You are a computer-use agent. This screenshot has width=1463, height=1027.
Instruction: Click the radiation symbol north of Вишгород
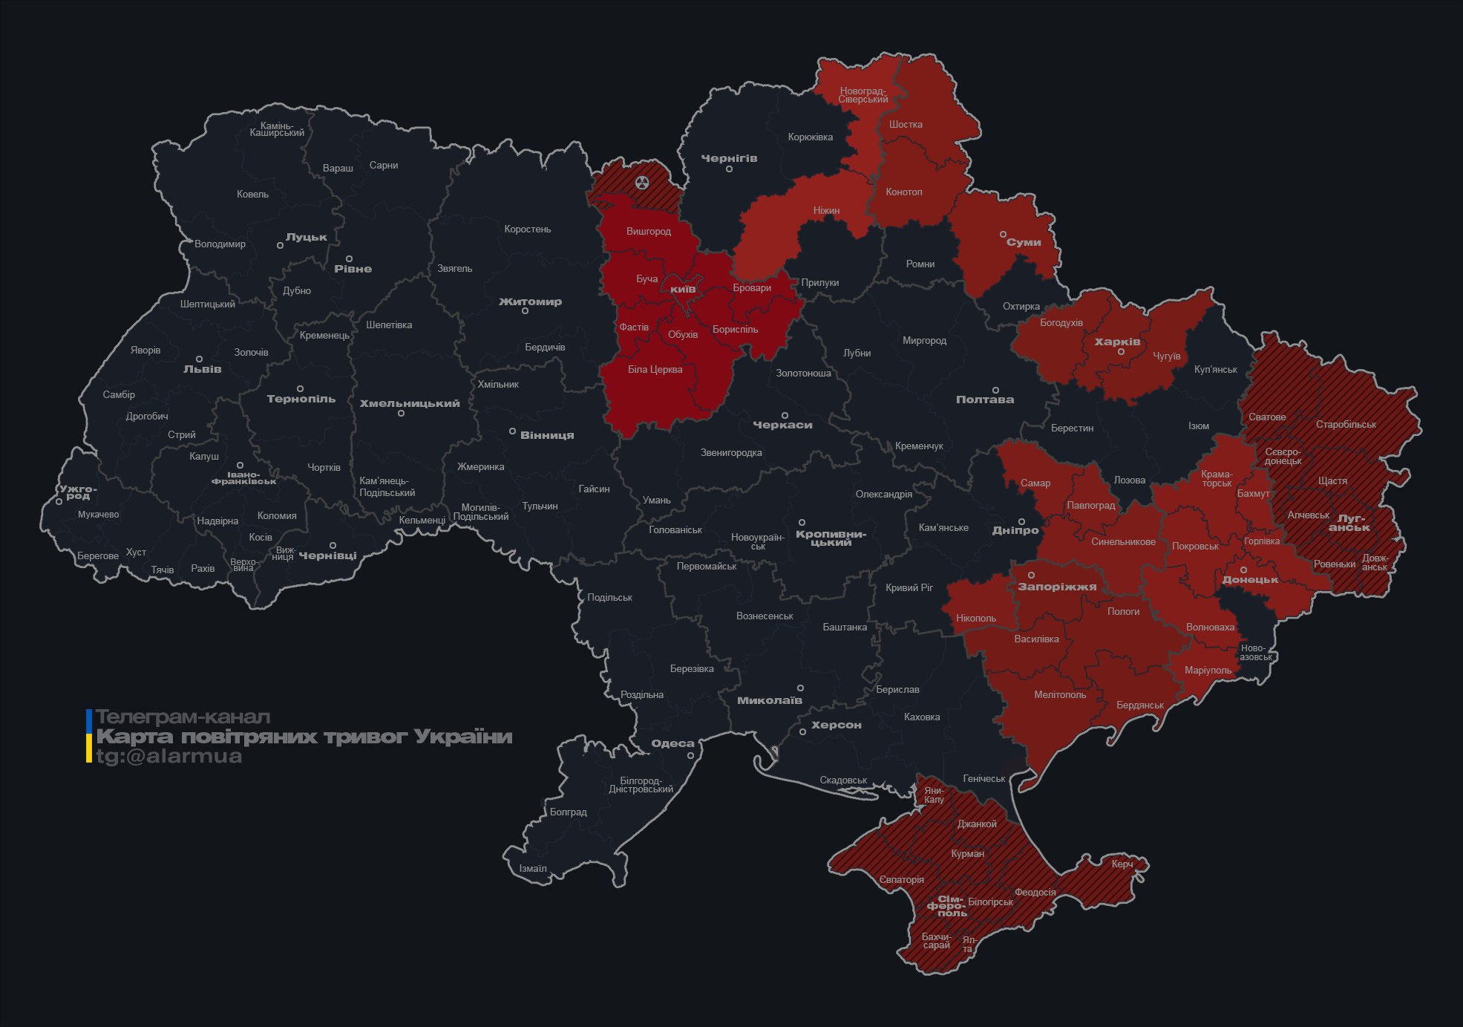(642, 182)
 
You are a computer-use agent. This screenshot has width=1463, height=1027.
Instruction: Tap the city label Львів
(202, 369)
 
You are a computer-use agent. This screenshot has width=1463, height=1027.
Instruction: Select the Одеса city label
(672, 743)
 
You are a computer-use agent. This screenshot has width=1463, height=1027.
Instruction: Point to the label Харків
(1117, 342)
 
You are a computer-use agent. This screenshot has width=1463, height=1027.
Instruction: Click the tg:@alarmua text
(169, 757)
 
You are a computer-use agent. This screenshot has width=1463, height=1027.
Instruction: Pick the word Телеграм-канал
(183, 717)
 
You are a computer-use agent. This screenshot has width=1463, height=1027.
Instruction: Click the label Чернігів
(729, 158)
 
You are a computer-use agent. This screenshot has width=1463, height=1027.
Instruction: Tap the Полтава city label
(984, 400)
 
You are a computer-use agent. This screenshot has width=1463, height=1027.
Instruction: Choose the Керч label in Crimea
(1122, 864)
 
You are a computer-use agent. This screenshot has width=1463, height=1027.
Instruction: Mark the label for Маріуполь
(1208, 671)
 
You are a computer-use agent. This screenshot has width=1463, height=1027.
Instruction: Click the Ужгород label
(78, 492)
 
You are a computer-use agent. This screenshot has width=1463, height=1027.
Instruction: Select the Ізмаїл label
(532, 868)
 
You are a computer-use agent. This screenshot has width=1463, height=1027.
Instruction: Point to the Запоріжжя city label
(1056, 587)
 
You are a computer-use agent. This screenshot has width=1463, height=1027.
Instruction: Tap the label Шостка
(906, 124)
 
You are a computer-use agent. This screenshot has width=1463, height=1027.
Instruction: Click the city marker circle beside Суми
(1003, 235)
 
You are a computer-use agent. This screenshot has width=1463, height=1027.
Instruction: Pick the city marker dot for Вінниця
(512, 431)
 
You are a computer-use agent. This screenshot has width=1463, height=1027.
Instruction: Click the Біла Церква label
(655, 369)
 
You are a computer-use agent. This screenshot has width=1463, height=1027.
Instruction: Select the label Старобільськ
(1346, 425)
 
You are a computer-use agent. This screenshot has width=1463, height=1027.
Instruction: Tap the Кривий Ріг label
(909, 587)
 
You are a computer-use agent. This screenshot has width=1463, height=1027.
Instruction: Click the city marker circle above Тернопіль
(300, 388)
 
